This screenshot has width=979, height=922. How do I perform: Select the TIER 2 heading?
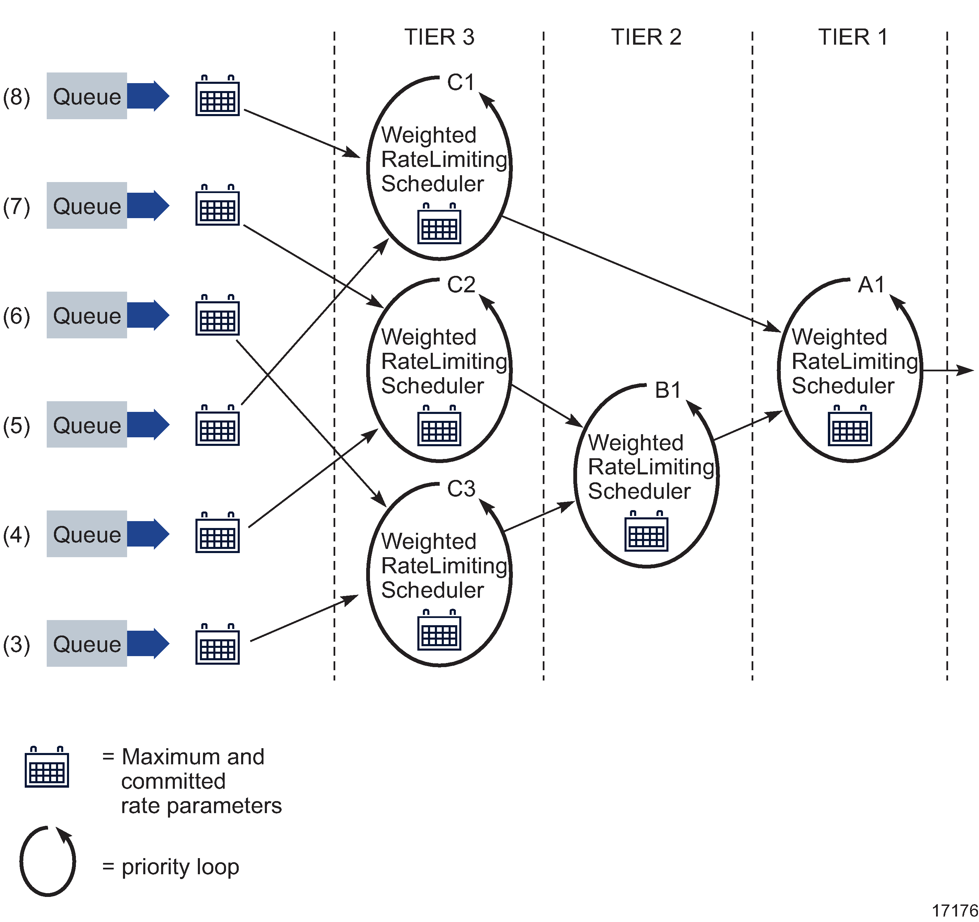pyautogui.click(x=646, y=37)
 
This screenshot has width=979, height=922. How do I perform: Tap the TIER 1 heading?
pyautogui.click(x=853, y=37)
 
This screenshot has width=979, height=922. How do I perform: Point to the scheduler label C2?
pyautogui.click(x=461, y=285)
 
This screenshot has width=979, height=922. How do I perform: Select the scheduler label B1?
pyautogui.click(x=668, y=391)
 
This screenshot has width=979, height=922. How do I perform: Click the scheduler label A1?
pyautogui.click(x=871, y=285)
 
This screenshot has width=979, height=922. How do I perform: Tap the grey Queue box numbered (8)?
pyautogui.click(x=87, y=96)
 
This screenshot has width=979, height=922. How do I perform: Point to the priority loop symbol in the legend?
pyautogui.click(x=48, y=862)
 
